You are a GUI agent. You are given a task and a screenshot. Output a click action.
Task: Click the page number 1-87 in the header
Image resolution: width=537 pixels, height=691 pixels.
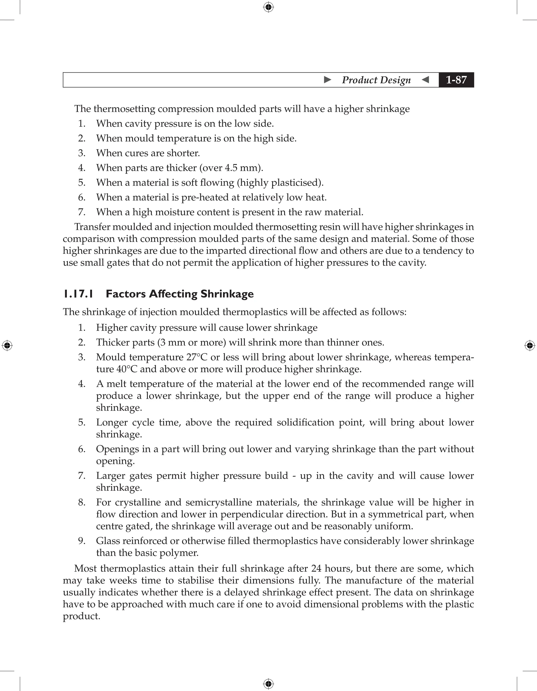pyautogui.click(x=456, y=80)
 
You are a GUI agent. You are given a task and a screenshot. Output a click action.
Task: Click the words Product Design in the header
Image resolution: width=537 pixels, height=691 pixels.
pyautogui.click(x=376, y=80)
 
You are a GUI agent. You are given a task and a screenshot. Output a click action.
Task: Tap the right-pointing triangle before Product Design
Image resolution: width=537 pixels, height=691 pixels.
pyautogui.click(x=327, y=80)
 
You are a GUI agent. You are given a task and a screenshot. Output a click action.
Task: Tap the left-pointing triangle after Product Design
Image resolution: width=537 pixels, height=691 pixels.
pyautogui.click(x=426, y=80)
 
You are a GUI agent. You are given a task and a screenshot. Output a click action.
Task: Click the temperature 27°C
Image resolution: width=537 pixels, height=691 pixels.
pyautogui.click(x=197, y=357)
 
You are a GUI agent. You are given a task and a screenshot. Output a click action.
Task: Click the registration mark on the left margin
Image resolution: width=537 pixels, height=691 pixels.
pyautogui.click(x=7, y=345)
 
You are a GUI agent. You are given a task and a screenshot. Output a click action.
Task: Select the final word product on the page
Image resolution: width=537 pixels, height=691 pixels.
pyautogui.click(x=81, y=616)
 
